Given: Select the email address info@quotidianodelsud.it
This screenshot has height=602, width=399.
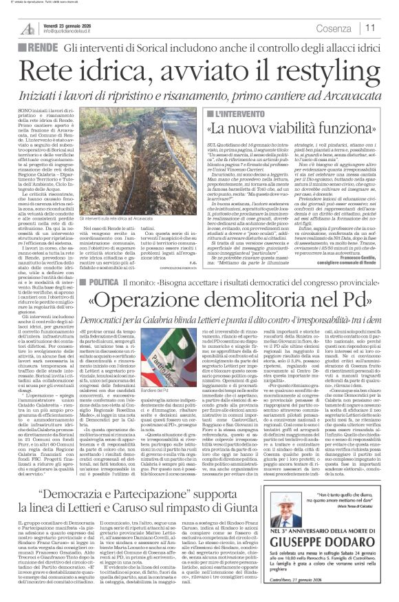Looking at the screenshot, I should point(76,32).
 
